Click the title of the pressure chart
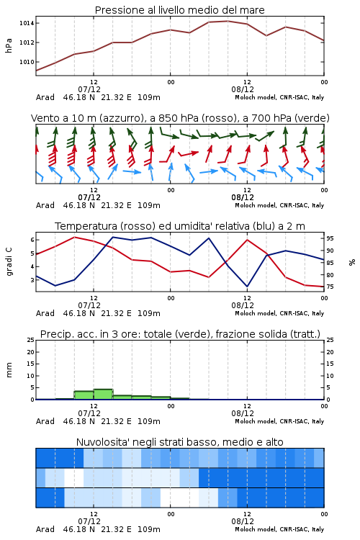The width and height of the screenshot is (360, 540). click(179, 10)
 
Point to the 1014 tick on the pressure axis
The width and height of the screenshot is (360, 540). click(27, 23)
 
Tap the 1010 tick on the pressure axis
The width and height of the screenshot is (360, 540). click(27, 62)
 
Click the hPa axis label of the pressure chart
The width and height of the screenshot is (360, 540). click(9, 45)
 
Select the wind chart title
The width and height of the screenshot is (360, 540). click(180, 118)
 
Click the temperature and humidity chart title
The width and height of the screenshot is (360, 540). click(180, 226)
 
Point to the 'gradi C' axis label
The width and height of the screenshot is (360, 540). click(9, 261)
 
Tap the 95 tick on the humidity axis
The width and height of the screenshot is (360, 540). click(330, 238)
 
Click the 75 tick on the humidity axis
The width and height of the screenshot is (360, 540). click(330, 287)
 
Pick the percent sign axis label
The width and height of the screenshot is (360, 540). click(352, 262)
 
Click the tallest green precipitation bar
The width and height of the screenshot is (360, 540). click(104, 395)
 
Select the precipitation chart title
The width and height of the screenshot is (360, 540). click(180, 334)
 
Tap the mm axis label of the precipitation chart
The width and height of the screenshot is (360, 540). click(9, 370)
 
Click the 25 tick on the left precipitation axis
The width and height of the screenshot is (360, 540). click(31, 340)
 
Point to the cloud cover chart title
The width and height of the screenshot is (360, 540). click(179, 442)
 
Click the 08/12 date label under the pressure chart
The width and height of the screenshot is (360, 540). click(243, 89)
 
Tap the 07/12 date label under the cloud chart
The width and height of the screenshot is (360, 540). click(89, 521)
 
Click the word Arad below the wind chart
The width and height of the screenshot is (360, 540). click(45, 205)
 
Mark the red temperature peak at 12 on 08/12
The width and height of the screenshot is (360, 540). click(247, 240)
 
